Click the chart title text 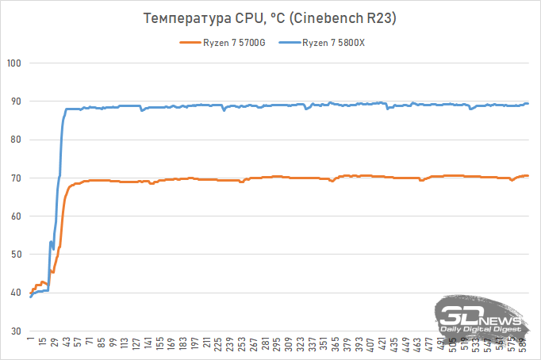tap(271, 17)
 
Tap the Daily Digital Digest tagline tap(481, 328)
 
